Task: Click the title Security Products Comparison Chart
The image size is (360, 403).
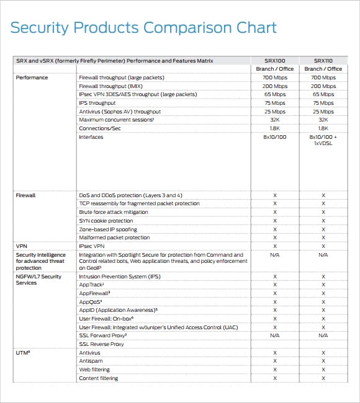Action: (x=143, y=28)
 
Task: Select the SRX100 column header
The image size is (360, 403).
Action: (x=275, y=61)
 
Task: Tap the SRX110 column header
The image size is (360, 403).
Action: (x=323, y=61)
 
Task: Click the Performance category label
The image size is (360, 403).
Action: (x=32, y=77)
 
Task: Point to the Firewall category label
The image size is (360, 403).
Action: (x=25, y=195)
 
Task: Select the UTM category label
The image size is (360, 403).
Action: (x=23, y=353)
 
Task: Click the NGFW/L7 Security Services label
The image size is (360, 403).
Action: (x=38, y=280)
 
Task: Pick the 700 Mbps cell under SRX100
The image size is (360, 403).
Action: (x=275, y=77)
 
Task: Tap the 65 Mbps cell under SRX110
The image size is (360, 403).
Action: (x=323, y=94)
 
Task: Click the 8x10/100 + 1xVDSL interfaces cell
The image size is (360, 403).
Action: (x=323, y=140)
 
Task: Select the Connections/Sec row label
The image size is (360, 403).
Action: (x=100, y=128)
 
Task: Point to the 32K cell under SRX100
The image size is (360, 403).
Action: (x=275, y=120)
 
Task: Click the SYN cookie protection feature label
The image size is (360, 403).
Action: (x=106, y=221)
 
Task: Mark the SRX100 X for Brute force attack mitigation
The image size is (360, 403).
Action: (x=275, y=212)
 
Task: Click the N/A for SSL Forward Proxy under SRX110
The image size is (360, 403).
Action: (x=323, y=335)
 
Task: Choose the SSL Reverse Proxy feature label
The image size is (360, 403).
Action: (x=101, y=344)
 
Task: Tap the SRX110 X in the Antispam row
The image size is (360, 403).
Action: (x=323, y=361)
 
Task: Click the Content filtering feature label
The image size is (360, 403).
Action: (x=99, y=378)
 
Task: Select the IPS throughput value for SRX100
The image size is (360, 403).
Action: (x=275, y=103)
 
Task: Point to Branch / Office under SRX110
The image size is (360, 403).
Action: (x=323, y=69)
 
